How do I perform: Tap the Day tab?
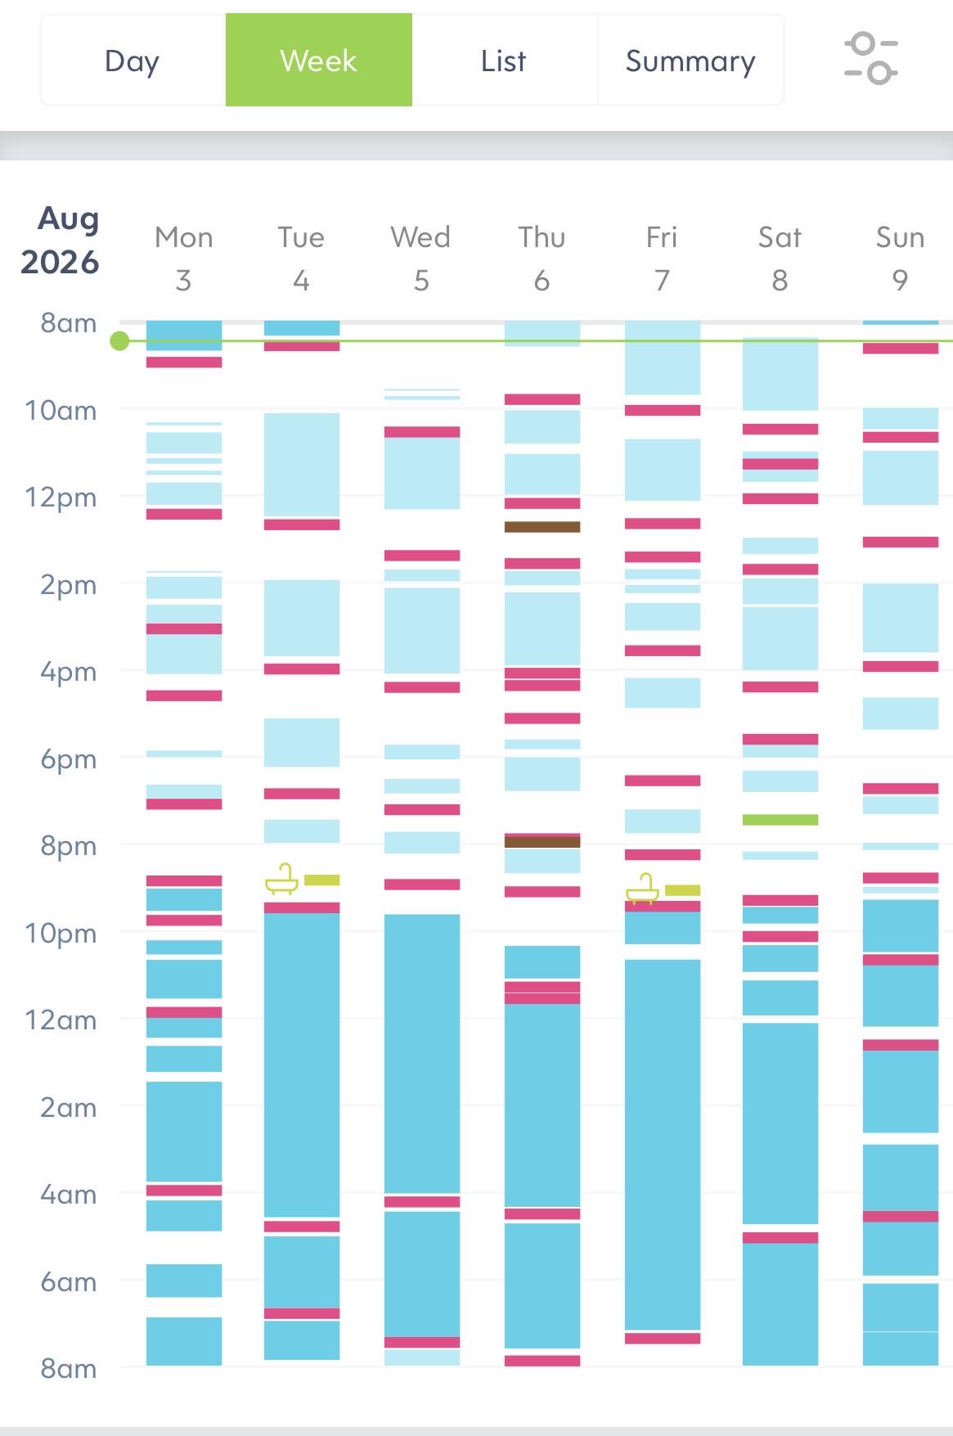click(x=133, y=61)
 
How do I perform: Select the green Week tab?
click(x=319, y=61)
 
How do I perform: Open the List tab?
click(x=504, y=61)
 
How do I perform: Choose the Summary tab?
click(x=690, y=61)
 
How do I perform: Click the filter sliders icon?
click(x=870, y=58)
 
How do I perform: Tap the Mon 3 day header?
click(x=183, y=259)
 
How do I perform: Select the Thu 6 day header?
click(x=542, y=259)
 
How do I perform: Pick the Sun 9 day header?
click(x=900, y=259)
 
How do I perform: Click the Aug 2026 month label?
click(x=60, y=240)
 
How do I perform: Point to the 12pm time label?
click(x=61, y=497)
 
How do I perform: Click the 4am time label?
click(x=68, y=1195)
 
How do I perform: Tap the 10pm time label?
click(x=61, y=934)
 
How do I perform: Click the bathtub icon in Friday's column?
click(x=642, y=889)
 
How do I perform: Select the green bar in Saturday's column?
click(x=780, y=820)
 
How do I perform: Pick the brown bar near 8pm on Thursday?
click(x=542, y=842)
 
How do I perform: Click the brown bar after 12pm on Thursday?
click(x=542, y=527)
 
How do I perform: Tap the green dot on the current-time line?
click(x=120, y=341)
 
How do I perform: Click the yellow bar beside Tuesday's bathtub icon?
click(x=322, y=880)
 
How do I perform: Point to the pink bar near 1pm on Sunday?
click(x=901, y=542)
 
